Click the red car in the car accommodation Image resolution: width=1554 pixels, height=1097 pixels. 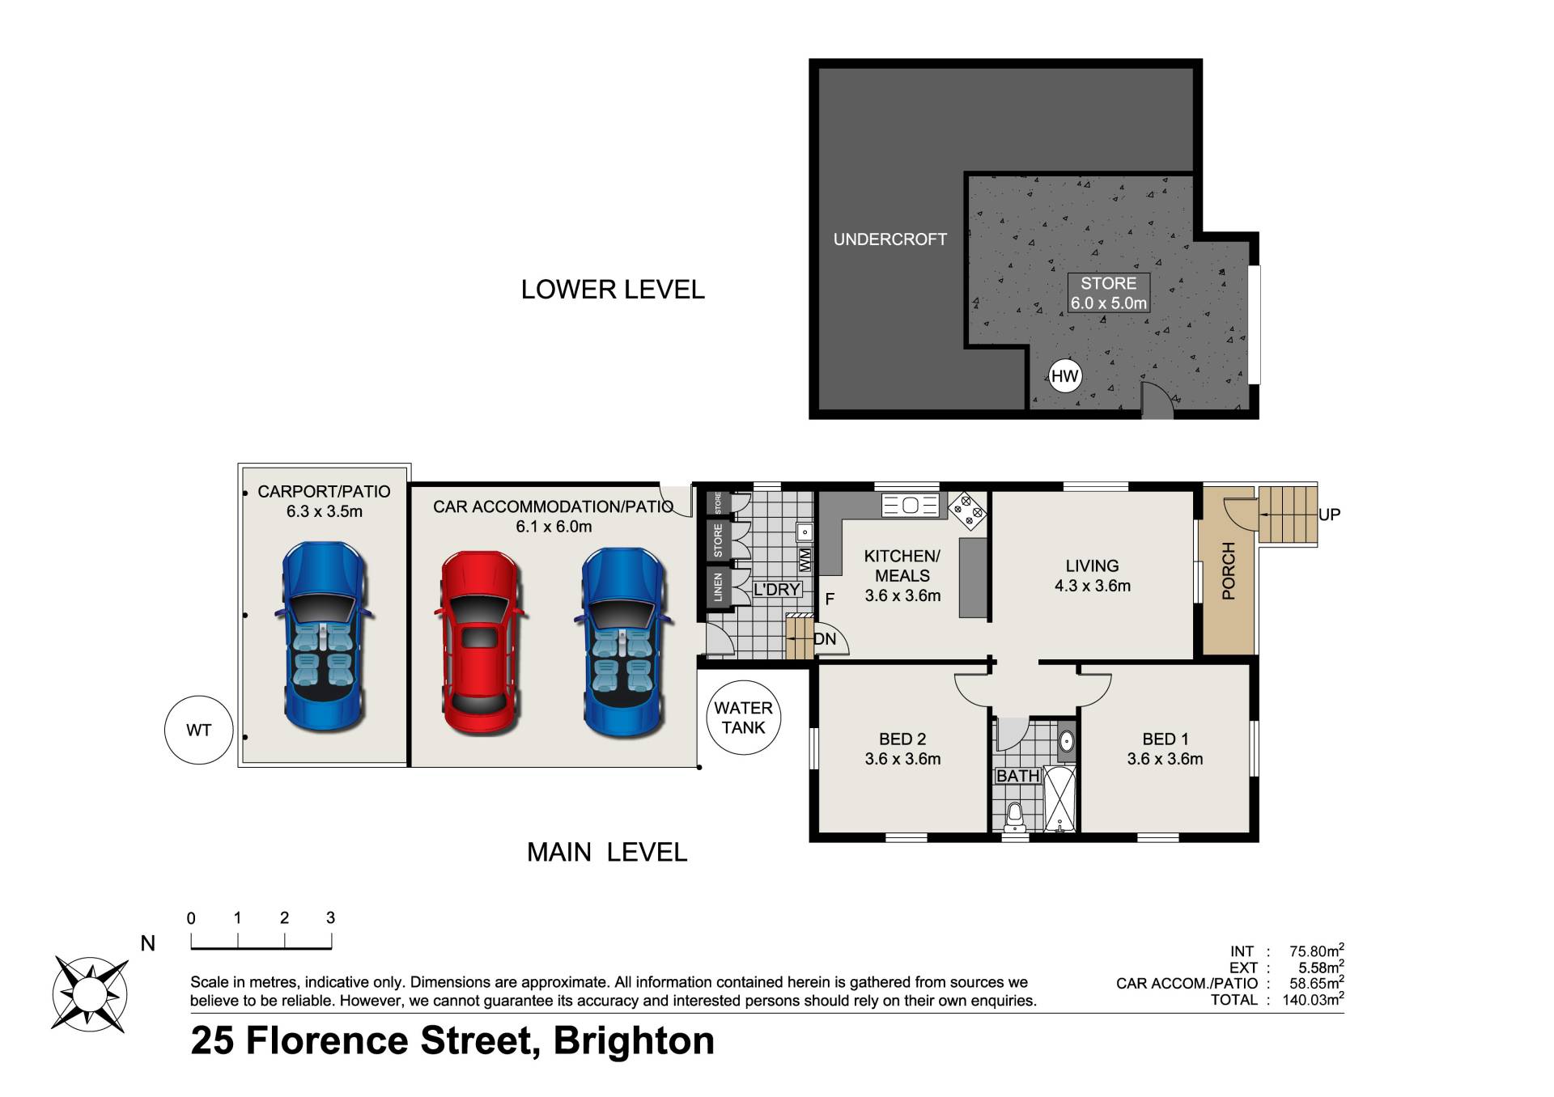(x=480, y=643)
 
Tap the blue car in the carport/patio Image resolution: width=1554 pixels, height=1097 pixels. (x=324, y=636)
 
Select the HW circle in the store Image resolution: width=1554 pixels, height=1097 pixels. (x=1064, y=375)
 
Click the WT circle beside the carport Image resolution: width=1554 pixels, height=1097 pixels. (x=199, y=731)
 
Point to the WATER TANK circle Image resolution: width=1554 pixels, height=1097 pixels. (x=743, y=718)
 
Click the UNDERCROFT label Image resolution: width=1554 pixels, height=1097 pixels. (x=890, y=239)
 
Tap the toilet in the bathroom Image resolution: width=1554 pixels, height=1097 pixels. (x=1015, y=817)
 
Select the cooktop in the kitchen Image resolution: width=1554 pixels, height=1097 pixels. (x=967, y=510)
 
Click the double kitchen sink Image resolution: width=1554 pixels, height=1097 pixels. (x=910, y=506)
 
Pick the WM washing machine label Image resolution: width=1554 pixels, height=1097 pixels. (x=805, y=559)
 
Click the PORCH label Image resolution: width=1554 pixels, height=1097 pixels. (x=1228, y=571)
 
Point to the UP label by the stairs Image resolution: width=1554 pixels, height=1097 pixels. (x=1329, y=515)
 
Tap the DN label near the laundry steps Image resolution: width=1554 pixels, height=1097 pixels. (x=825, y=639)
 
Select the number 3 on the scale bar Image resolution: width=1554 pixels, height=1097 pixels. (x=330, y=917)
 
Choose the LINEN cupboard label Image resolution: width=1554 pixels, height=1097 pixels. (x=718, y=587)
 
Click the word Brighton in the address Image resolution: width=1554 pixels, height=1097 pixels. (x=634, y=1041)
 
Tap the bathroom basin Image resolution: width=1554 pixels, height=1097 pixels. (x=1067, y=741)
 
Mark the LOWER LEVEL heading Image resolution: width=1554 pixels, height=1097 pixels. (x=613, y=290)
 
